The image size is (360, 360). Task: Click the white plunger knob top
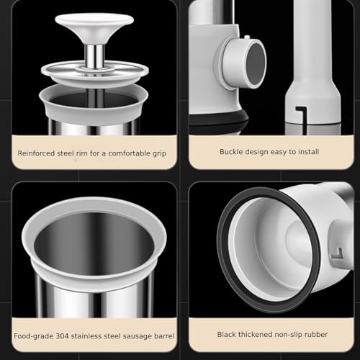[94, 19]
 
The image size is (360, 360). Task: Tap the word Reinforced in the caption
[36, 153]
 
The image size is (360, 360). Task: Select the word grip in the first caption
[159, 153]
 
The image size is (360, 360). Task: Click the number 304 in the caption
[62, 336]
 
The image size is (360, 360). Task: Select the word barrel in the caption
[164, 336]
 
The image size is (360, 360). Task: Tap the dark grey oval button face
[256, 64]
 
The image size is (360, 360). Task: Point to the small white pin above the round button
[247, 37]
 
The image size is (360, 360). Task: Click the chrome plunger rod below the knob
[94, 57]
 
